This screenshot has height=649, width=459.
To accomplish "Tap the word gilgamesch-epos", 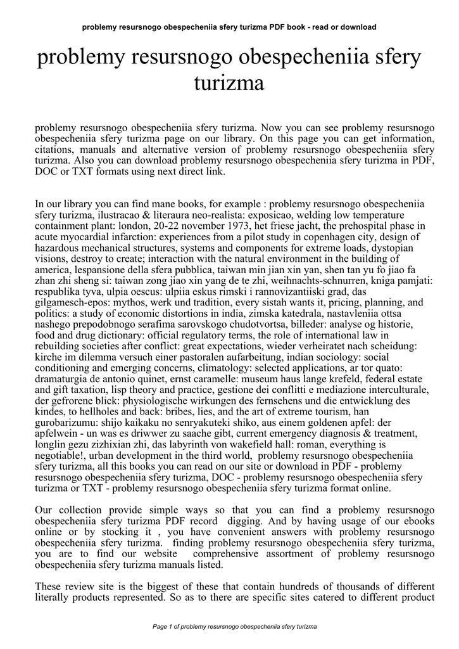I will (63, 302).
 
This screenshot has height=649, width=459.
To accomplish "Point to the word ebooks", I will (414, 522).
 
